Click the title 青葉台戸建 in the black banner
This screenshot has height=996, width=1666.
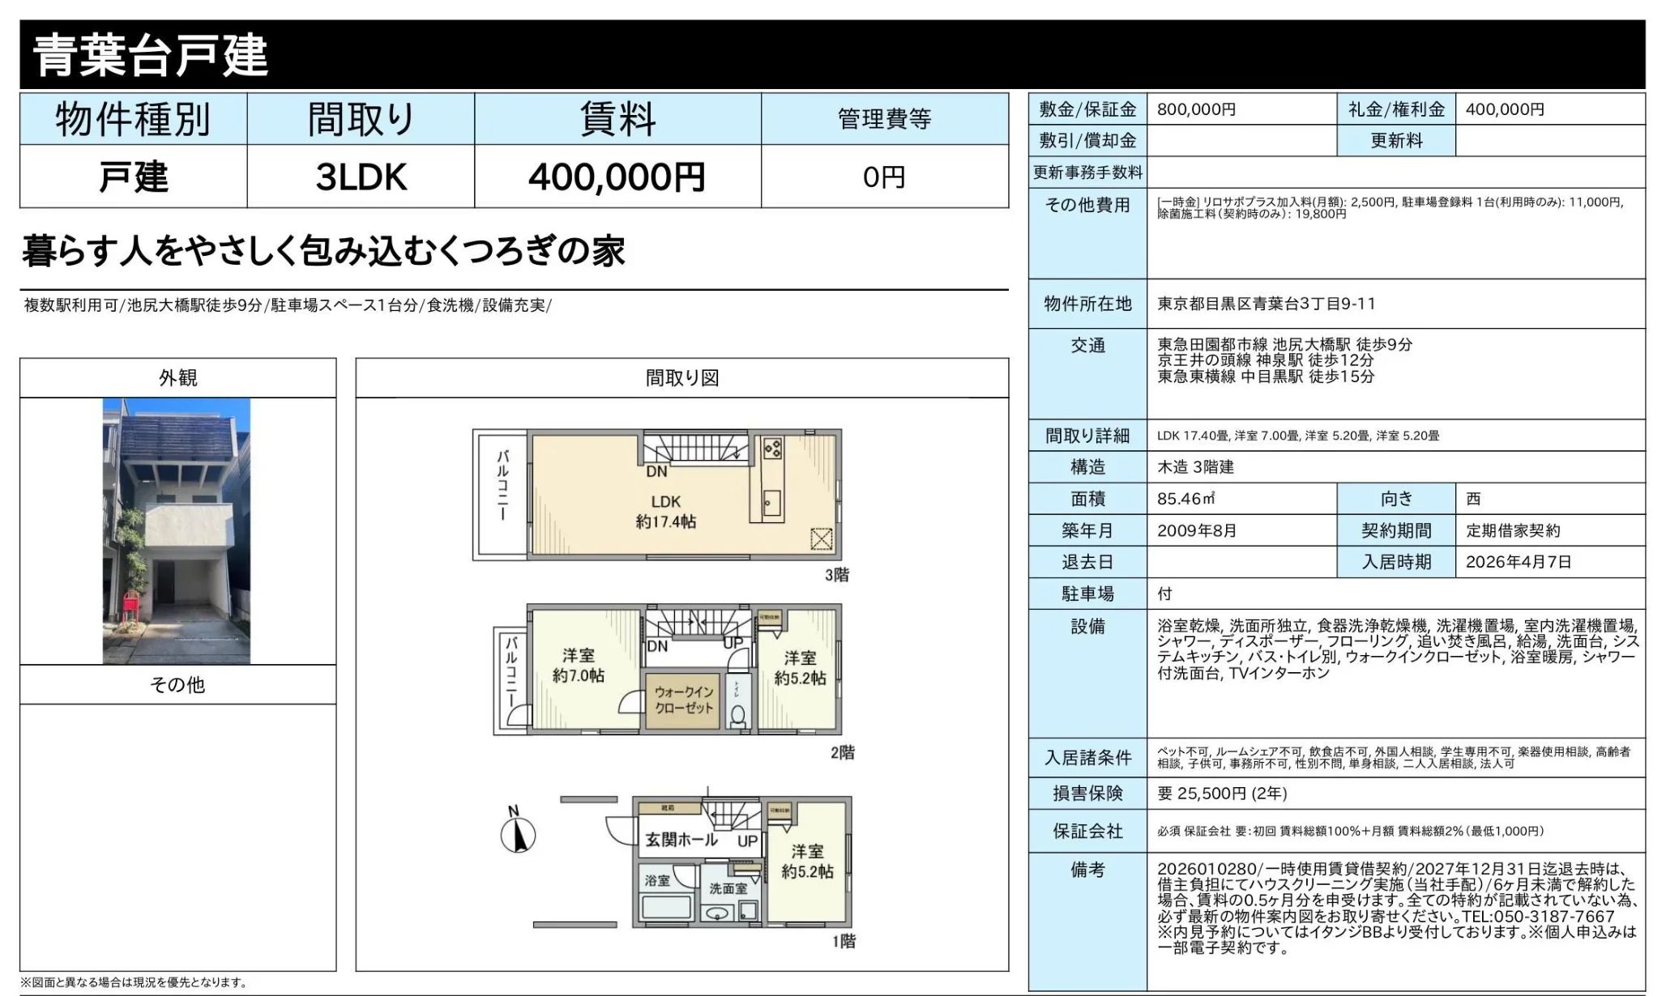click(x=151, y=55)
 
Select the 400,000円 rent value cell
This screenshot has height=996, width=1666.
click(x=617, y=177)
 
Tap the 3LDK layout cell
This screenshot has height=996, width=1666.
click(x=361, y=177)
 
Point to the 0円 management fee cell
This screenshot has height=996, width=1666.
click(x=884, y=177)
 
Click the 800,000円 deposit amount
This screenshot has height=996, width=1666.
click(x=1196, y=109)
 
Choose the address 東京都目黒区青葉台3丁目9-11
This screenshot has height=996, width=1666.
click(x=1266, y=304)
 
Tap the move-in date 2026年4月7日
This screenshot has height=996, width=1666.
click(x=1519, y=562)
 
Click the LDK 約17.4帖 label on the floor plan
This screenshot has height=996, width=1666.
click(x=665, y=512)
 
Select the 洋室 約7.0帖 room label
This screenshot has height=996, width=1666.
click(x=578, y=666)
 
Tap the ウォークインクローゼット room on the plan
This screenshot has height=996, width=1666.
click(x=683, y=700)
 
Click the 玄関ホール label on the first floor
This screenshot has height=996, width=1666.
click(x=681, y=840)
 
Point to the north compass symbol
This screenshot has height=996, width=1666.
click(x=517, y=834)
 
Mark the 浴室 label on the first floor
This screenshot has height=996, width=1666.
click(x=657, y=880)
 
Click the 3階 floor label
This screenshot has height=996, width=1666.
click(x=836, y=575)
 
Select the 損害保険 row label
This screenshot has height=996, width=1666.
click(x=1087, y=794)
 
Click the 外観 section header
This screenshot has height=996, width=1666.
click(x=177, y=378)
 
